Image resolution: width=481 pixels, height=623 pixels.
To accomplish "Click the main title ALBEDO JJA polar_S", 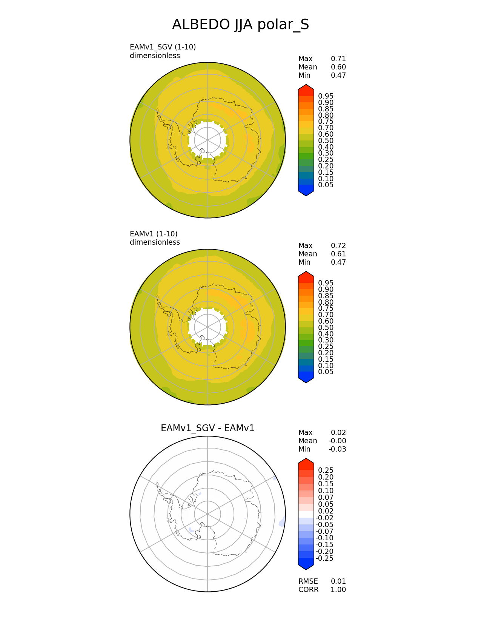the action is [x=240, y=25].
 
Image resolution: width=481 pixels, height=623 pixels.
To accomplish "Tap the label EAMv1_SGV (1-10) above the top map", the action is [x=163, y=47].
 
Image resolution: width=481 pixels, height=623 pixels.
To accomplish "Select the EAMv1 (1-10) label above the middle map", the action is [x=154, y=234].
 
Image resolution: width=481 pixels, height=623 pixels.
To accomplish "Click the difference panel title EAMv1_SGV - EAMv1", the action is [x=207, y=428].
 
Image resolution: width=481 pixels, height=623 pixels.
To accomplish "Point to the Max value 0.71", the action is [x=338, y=59].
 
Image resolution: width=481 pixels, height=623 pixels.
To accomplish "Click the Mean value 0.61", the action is [x=338, y=254].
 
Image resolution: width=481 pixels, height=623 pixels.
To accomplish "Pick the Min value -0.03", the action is [x=337, y=449].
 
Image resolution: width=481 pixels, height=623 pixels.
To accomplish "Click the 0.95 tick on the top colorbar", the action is [x=326, y=96].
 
